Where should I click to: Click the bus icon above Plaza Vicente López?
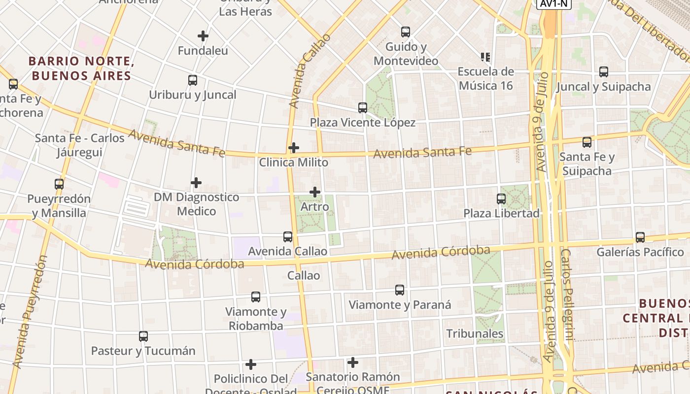click(363, 107)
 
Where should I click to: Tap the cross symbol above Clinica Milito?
click(294, 147)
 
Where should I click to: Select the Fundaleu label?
click(203, 51)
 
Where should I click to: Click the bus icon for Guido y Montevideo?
click(406, 32)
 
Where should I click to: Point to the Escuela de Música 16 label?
click(485, 79)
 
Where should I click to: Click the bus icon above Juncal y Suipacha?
click(604, 72)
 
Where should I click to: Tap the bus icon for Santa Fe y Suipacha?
click(587, 142)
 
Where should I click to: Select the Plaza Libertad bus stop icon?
click(501, 199)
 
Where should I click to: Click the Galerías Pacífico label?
click(640, 252)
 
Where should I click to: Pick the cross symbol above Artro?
click(315, 192)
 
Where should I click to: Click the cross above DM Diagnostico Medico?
click(196, 183)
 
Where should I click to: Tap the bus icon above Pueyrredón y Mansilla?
click(59, 184)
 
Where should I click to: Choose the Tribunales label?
click(475, 333)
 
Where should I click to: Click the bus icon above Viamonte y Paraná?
click(400, 290)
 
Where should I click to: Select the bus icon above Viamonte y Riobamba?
click(256, 297)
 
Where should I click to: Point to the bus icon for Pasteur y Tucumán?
click(143, 336)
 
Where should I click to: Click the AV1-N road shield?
click(553, 4)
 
